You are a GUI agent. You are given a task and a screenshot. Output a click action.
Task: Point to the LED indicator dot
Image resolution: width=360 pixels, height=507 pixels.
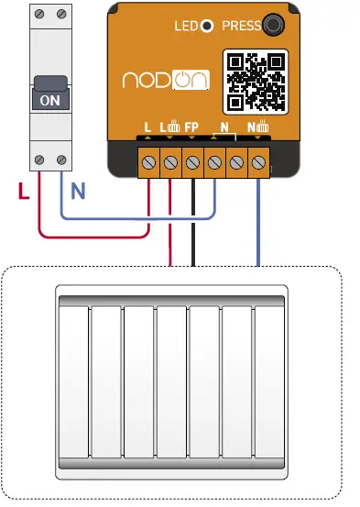tap(208, 27)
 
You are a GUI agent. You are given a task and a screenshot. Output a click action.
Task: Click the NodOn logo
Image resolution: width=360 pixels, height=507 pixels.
tap(166, 81)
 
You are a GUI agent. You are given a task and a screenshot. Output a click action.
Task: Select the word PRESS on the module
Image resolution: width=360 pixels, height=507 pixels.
tap(242, 27)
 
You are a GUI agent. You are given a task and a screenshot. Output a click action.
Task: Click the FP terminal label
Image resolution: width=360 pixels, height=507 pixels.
tap(191, 127)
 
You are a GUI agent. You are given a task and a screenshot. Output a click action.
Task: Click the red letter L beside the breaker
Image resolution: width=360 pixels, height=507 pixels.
tap(23, 191)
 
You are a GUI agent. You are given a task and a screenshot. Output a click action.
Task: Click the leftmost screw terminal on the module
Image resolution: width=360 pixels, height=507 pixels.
tap(148, 163)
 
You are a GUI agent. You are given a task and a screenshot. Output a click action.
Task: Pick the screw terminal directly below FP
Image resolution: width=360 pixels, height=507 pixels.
tap(192, 163)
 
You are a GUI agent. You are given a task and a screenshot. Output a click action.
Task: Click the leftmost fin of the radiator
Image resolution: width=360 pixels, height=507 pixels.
tap(73, 380)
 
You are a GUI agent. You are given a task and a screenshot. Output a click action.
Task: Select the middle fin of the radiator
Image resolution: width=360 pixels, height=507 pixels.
tap(172, 380)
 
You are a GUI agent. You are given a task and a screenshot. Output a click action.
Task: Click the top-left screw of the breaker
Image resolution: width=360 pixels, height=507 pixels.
tap(38, 16)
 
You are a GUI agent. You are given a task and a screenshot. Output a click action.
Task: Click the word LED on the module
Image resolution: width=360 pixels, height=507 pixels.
tap(186, 27)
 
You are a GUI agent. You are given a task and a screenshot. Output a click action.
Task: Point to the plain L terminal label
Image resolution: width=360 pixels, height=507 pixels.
tap(147, 127)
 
